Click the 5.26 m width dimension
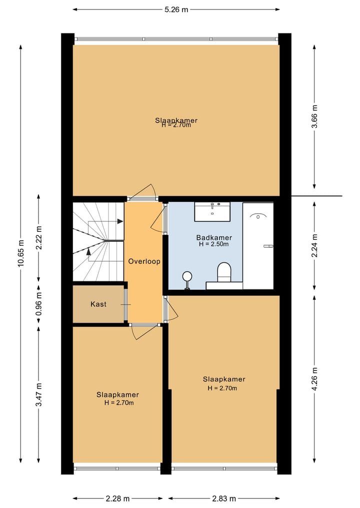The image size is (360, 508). click(176, 9)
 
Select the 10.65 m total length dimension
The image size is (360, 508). click(21, 253)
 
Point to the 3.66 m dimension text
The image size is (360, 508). click(314, 116)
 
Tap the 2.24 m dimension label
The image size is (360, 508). click(314, 245)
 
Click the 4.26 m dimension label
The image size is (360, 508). click(314, 379)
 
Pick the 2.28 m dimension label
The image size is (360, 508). click(117, 499)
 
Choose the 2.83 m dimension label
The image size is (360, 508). click(224, 499)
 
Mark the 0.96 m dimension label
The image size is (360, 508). click(39, 304)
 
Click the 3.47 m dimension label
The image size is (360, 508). click(39, 394)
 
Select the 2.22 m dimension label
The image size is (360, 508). click(39, 238)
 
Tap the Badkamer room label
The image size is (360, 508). click(214, 237)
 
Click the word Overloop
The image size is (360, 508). click(144, 261)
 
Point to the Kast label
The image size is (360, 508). click(98, 304)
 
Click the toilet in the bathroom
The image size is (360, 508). click(224, 272)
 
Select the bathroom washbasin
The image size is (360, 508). click(212, 212)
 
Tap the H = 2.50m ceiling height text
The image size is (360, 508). click(213, 244)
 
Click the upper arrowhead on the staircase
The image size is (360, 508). click(120, 221)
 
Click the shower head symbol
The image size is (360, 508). click(258, 216)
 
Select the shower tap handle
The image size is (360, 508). click(268, 246)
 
